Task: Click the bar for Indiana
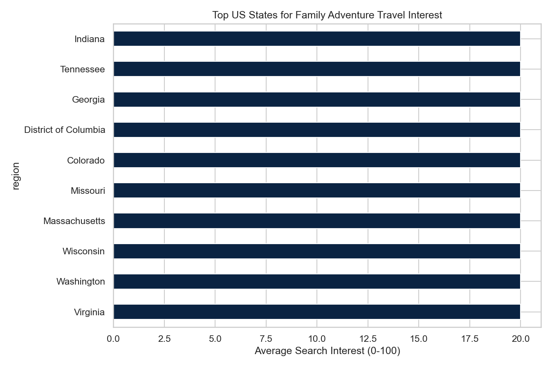pos(316,39)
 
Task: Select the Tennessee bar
pos(316,69)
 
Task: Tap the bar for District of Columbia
pos(316,130)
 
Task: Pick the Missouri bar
pos(316,191)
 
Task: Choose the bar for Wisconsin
pos(316,251)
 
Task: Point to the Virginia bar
pos(316,312)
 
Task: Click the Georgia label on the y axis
pos(88,100)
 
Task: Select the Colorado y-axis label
pos(86,160)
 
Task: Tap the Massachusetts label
pos(74,221)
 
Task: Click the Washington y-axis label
pos(81,282)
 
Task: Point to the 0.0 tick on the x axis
pos(113,339)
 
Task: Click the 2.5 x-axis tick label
pos(164,339)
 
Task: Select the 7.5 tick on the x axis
pos(266,339)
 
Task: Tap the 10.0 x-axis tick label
pos(317,339)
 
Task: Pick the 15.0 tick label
pos(419,339)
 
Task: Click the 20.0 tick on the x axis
pos(521,339)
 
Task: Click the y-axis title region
pos(16,176)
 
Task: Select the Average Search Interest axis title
pos(327,351)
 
